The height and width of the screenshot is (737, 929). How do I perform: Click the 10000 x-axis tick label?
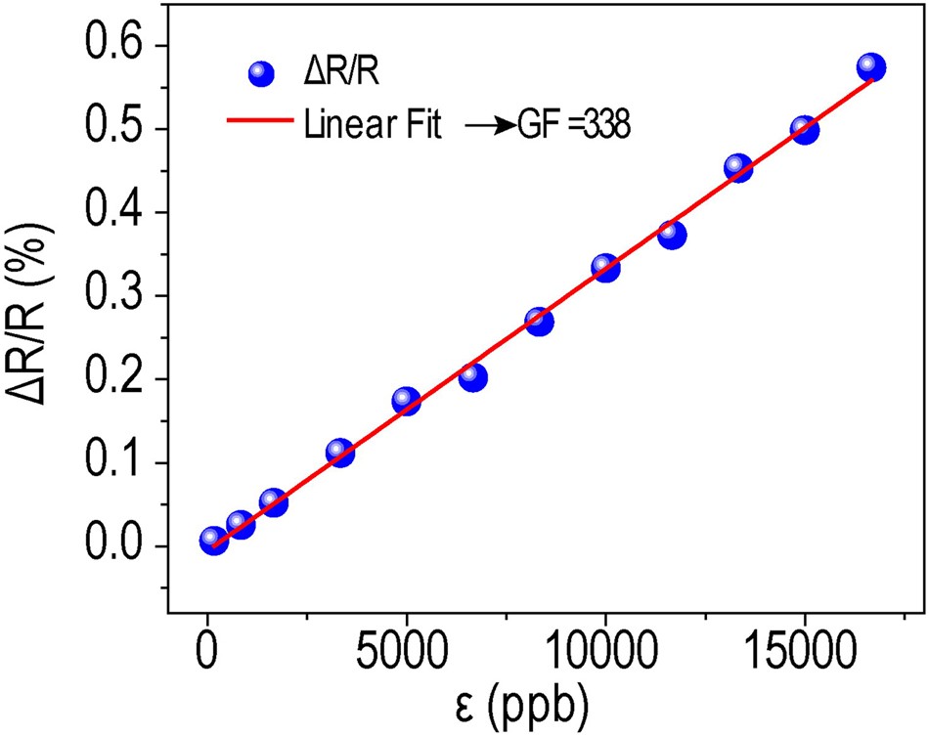pos(604,651)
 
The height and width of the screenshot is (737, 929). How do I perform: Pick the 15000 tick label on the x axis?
pos(804,651)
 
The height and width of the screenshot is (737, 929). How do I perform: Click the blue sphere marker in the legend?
pos(260,74)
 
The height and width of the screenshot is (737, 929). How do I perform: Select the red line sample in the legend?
pos(259,121)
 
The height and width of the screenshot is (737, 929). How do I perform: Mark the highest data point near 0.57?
pos(870,67)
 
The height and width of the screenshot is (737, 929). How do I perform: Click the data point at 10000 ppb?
pos(605,268)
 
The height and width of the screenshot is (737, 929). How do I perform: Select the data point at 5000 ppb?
pos(406,401)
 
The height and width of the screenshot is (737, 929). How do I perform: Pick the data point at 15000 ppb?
pos(804,130)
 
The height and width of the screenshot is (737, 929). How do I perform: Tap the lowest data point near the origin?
pos(213,541)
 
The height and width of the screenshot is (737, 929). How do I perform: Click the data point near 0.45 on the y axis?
pos(738,168)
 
